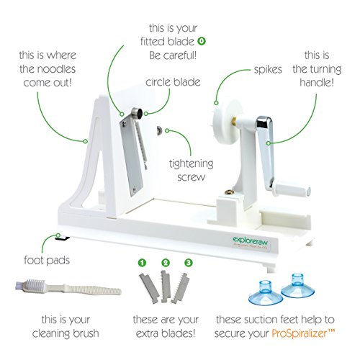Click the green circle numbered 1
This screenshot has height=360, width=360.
pyautogui.click(x=142, y=263)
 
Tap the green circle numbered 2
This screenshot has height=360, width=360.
pyautogui.click(x=166, y=263)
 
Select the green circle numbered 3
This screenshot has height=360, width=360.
pyautogui.click(x=189, y=262)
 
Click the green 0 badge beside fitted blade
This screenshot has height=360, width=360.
pyautogui.click(x=202, y=41)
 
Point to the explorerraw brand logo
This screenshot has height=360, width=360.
pyautogui.click(x=251, y=241)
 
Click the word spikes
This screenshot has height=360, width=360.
pyautogui.click(x=268, y=70)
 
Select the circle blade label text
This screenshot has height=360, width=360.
pyautogui.click(x=173, y=82)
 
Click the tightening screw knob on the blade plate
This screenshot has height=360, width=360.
pyautogui.click(x=159, y=131)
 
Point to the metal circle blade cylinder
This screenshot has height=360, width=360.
pyautogui.click(x=138, y=113)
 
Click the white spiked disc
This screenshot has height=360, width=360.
pyautogui.click(x=227, y=122)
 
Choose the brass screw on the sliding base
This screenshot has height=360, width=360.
pyautogui.click(x=230, y=192)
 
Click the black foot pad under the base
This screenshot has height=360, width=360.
pyautogui.click(x=63, y=238)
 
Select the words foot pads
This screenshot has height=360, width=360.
pyautogui.click(x=47, y=260)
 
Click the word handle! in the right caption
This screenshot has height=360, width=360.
pyautogui.click(x=317, y=82)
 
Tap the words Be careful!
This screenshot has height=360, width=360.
pyautogui.click(x=173, y=55)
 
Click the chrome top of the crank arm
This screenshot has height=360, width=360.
pyautogui.click(x=264, y=122)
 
